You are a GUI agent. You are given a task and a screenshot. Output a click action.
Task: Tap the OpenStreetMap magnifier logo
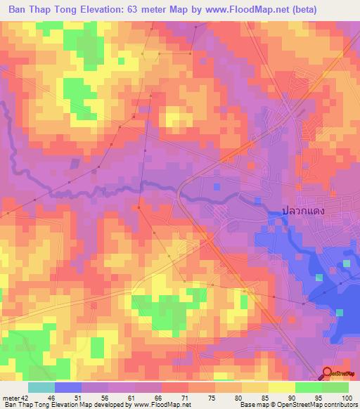point(328,375)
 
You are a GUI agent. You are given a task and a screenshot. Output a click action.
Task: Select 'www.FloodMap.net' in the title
point(224,10)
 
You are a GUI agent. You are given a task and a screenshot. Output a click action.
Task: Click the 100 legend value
point(345,398)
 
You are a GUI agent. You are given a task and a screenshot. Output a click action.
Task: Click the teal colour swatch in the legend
point(41,387)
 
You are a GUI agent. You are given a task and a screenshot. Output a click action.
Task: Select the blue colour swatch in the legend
point(68,387)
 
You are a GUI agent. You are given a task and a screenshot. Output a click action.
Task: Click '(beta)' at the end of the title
point(282,10)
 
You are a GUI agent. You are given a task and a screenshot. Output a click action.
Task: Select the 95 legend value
point(319,398)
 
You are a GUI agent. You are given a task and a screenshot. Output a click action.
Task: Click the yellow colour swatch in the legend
point(281,387)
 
